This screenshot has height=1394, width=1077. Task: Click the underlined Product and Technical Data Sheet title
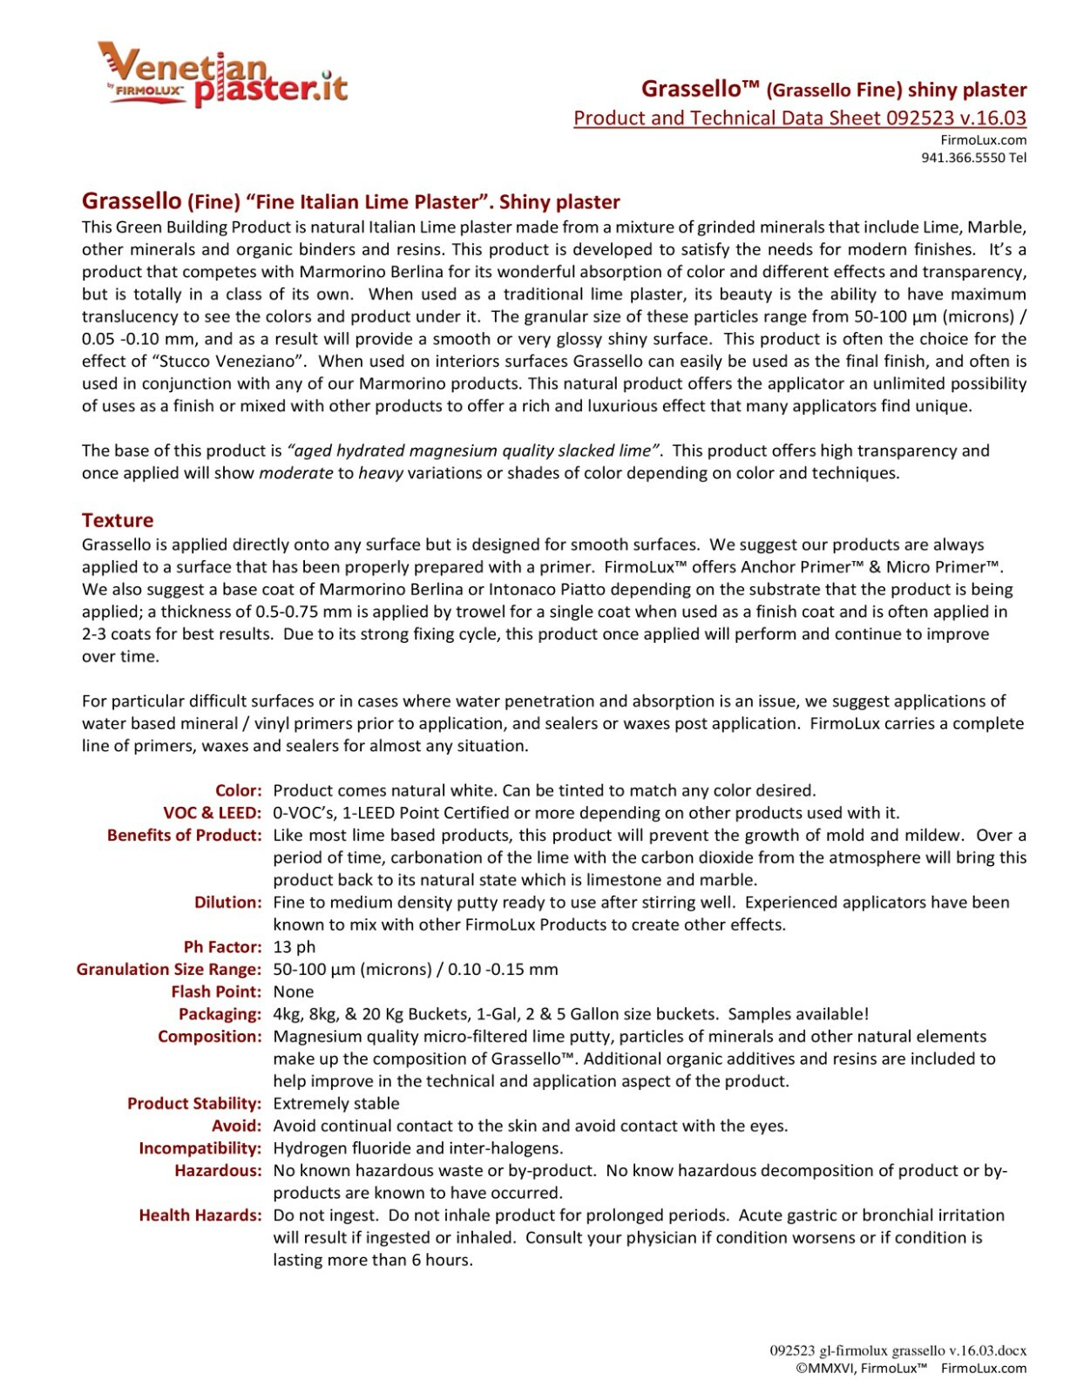click(x=799, y=118)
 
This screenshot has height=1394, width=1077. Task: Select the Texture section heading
click(x=118, y=520)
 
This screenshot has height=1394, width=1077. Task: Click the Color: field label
click(x=239, y=790)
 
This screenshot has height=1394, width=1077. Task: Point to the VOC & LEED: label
click(x=213, y=813)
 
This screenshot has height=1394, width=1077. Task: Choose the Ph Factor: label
click(x=222, y=946)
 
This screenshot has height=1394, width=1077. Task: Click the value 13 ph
click(x=295, y=946)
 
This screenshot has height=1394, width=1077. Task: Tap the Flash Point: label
click(x=216, y=991)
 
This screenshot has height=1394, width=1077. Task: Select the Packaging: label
click(x=220, y=1013)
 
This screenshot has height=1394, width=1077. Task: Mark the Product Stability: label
click(x=194, y=1103)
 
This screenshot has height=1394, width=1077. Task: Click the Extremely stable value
click(x=336, y=1103)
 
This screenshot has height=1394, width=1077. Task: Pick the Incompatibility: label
click(x=200, y=1148)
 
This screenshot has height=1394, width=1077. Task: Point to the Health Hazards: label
click(x=200, y=1215)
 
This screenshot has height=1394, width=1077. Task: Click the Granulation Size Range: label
click(x=169, y=969)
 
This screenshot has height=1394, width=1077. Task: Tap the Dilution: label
click(x=227, y=902)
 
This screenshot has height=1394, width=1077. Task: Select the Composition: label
click(x=209, y=1036)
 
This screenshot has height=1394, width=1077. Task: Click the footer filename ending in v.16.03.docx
click(x=897, y=1350)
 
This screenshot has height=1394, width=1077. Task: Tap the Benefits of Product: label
click(x=185, y=835)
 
